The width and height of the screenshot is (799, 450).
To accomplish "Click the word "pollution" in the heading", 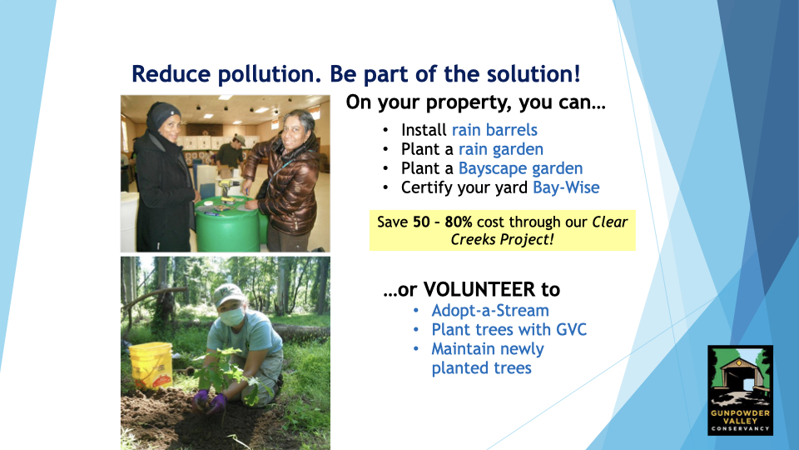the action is [x=269, y=74].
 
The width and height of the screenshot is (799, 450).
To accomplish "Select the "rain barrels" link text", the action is [x=494, y=130].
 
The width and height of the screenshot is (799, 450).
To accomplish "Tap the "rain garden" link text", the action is [x=501, y=149].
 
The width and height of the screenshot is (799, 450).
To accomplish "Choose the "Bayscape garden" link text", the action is [x=520, y=168].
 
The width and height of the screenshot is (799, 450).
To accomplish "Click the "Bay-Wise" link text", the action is [x=566, y=187].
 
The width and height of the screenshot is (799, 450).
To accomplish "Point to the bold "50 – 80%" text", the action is [x=442, y=222].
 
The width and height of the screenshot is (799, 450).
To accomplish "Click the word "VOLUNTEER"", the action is [x=479, y=289].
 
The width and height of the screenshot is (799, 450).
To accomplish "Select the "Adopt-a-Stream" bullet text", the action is [x=490, y=310].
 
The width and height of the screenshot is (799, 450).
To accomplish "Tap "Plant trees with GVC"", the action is [x=509, y=330].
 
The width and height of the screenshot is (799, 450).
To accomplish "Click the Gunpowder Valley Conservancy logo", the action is [x=740, y=390].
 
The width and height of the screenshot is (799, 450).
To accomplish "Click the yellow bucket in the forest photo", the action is [x=151, y=366].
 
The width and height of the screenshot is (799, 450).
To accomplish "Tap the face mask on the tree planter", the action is [x=232, y=317].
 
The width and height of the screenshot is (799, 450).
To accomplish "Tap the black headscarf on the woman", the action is [x=161, y=117].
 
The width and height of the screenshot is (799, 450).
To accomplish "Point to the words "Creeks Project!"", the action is [x=502, y=239].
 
